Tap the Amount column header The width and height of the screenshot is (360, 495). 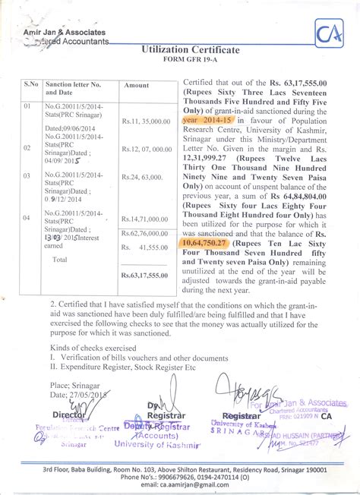point(136,85)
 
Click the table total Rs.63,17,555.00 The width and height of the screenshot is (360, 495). point(145,276)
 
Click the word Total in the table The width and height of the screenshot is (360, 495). point(58,259)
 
